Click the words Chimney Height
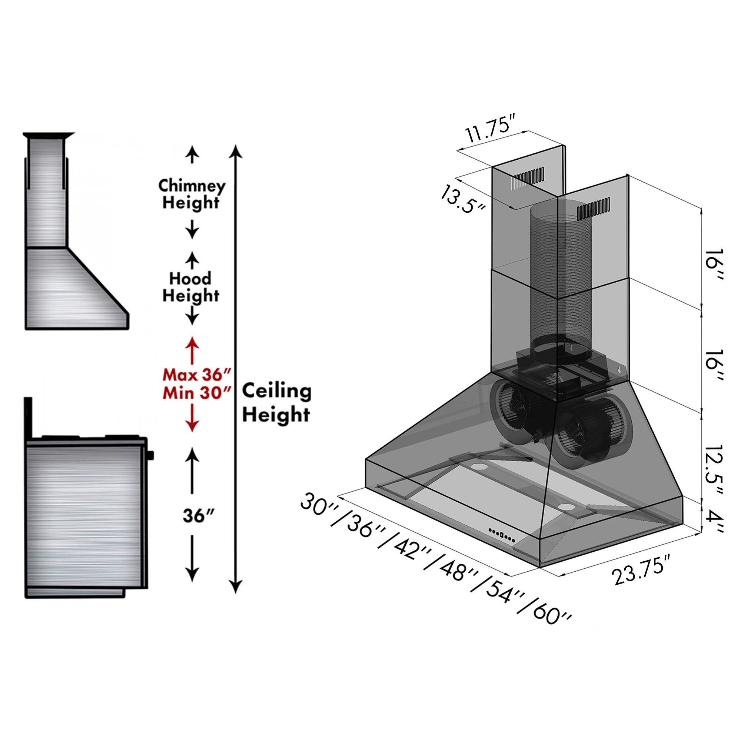192,194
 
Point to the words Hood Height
190,287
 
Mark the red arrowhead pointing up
192,342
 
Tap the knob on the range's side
151,455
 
